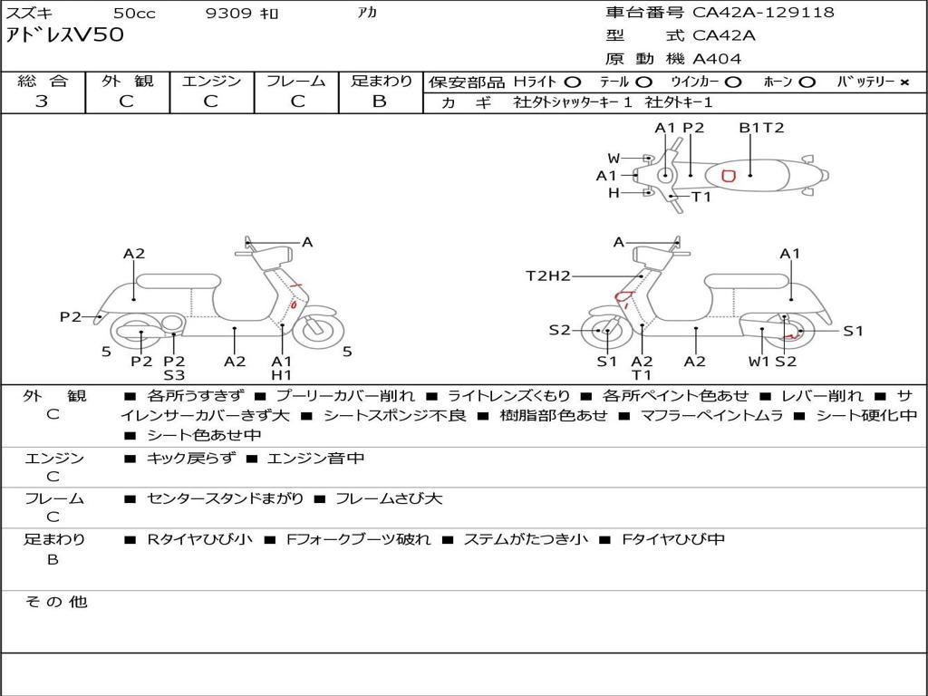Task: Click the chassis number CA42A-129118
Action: pyautogui.click(x=763, y=13)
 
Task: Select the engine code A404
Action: pyautogui.click(x=717, y=59)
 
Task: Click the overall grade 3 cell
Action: pyautogui.click(x=42, y=101)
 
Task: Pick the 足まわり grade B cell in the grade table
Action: pyautogui.click(x=380, y=101)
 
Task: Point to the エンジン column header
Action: pyautogui.click(x=211, y=81)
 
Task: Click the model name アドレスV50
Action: pyautogui.click(x=65, y=35)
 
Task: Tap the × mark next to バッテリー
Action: pyautogui.click(x=904, y=82)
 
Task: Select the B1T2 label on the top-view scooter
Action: pyautogui.click(x=761, y=128)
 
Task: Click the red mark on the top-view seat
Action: pyautogui.click(x=727, y=175)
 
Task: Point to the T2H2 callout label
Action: pyautogui.click(x=548, y=275)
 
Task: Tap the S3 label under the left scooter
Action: pyautogui.click(x=174, y=375)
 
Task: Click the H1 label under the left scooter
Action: pyautogui.click(x=282, y=375)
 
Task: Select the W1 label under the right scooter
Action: pyautogui.click(x=759, y=361)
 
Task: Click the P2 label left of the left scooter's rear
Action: pyautogui.click(x=71, y=316)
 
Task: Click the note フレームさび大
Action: pyautogui.click(x=389, y=498)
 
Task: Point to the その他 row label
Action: pyautogui.click(x=55, y=602)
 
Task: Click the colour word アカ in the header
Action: pyautogui.click(x=368, y=14)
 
